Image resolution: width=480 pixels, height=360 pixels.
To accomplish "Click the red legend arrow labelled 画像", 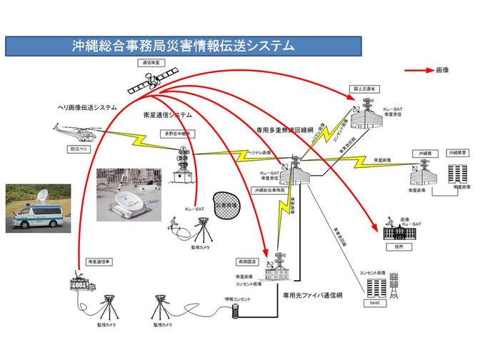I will point(419,71).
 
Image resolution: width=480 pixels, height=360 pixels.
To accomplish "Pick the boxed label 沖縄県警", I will point(457,153).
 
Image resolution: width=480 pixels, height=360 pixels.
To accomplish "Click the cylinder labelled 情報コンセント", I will point(234,311).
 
